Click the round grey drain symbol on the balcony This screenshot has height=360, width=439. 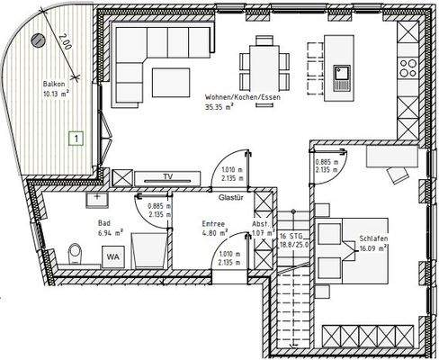tap(37, 40)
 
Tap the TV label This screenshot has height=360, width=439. tap(167, 176)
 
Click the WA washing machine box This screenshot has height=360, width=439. tap(112, 256)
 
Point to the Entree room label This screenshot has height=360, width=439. tap(213, 223)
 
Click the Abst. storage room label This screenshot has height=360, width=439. tap(260, 223)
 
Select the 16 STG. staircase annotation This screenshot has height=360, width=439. tap(289, 232)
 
